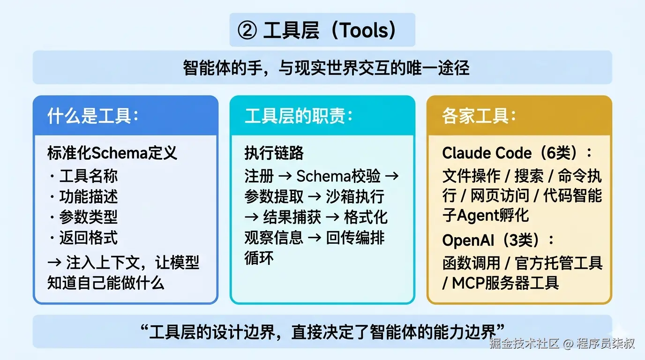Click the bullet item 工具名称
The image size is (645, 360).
point(88,176)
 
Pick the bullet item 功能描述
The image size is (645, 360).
point(88,197)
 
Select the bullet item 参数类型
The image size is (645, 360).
point(88,217)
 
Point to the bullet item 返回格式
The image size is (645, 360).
point(88,238)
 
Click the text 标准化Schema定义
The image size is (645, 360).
point(112,153)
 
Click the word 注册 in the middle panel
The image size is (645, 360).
point(259,176)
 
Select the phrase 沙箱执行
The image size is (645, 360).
point(355,197)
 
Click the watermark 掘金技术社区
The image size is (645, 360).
point(525,344)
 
